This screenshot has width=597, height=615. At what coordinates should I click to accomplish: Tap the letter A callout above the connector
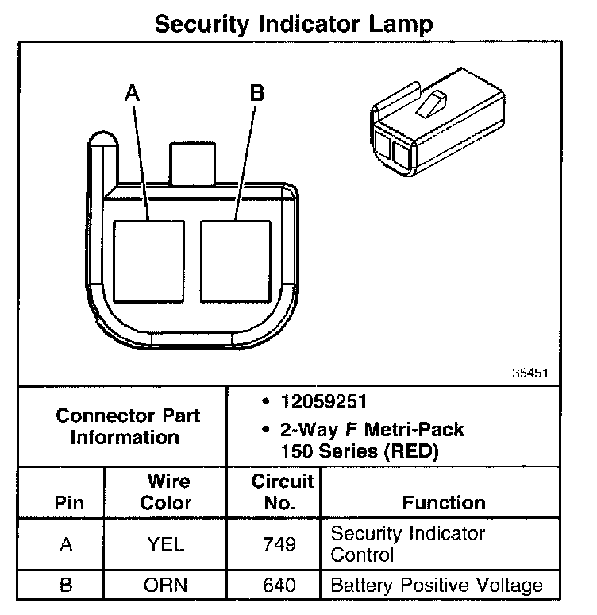[132, 93]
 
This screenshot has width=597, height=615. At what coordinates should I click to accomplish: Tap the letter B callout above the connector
[256, 93]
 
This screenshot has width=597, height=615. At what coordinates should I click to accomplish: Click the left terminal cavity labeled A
[148, 260]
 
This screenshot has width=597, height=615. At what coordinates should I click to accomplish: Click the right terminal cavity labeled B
[236, 260]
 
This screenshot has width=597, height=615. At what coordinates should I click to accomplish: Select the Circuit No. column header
[283, 492]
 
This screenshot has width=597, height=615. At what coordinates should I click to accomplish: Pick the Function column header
[444, 503]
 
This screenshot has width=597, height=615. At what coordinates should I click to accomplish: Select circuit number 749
[279, 543]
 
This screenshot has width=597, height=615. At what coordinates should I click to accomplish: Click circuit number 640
[279, 586]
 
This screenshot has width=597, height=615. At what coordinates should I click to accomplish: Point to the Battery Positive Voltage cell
[437, 586]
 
